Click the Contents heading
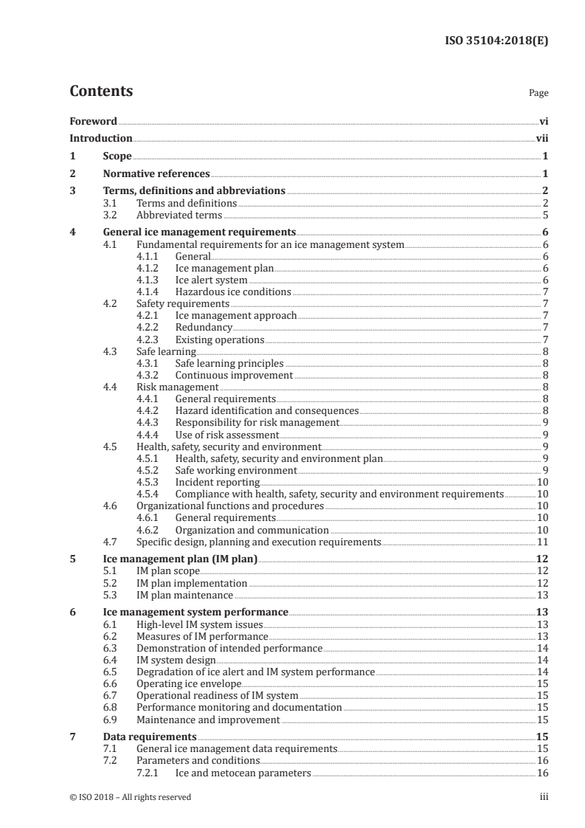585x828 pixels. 101,92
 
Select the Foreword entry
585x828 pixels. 93,121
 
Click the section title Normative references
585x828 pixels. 156,174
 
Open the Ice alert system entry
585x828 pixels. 211,280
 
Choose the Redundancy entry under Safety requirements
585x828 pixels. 204,327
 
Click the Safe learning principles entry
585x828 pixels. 229,363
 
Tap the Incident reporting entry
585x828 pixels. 217,482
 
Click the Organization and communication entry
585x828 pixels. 252,530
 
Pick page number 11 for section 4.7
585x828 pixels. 542,542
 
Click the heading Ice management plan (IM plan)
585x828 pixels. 179,559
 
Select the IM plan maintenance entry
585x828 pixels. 184,595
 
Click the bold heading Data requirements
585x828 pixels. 149,736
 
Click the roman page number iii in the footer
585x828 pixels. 544,797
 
